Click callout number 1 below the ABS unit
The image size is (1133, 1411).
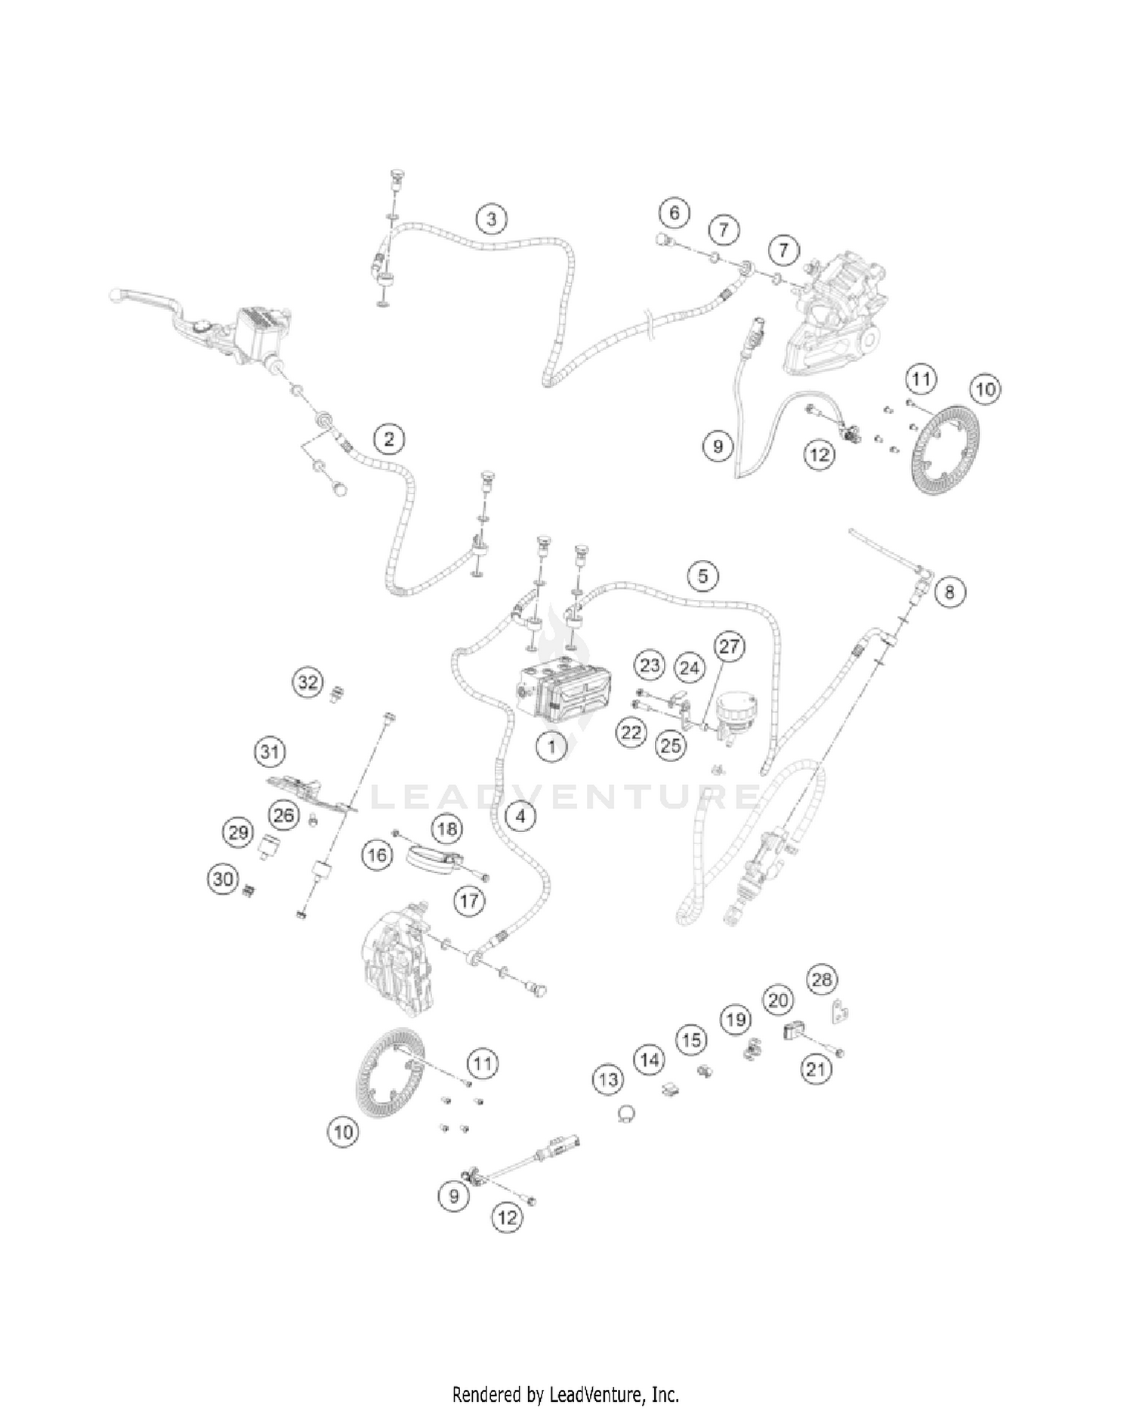pyautogui.click(x=551, y=747)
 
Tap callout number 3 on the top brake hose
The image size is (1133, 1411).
pyautogui.click(x=492, y=219)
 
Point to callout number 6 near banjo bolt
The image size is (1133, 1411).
pyautogui.click(x=674, y=213)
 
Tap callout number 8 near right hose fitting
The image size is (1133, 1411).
pyautogui.click(x=949, y=592)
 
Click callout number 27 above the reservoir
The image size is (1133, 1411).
pyautogui.click(x=729, y=647)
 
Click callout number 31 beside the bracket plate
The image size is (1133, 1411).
pyautogui.click(x=270, y=752)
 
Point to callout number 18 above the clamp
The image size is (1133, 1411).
pyautogui.click(x=447, y=829)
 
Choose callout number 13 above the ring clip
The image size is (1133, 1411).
pyautogui.click(x=608, y=1080)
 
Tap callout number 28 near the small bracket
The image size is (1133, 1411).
pyautogui.click(x=822, y=980)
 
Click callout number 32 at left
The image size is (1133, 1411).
pyautogui.click(x=308, y=683)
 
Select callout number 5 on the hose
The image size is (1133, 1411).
pyautogui.click(x=702, y=577)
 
